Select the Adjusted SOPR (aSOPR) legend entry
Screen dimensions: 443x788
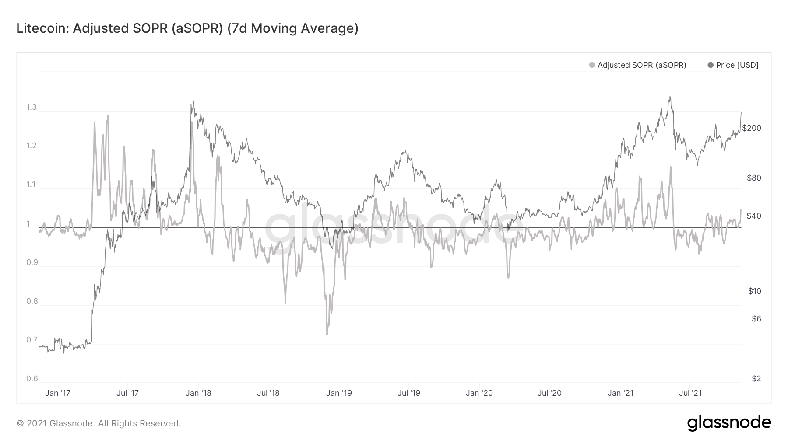click(x=641, y=65)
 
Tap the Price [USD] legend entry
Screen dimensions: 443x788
click(x=737, y=65)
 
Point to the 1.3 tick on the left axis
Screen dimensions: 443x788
click(x=32, y=107)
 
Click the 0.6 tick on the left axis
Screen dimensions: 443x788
click(x=32, y=379)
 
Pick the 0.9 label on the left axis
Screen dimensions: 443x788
click(x=32, y=262)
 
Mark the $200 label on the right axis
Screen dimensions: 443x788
click(x=752, y=128)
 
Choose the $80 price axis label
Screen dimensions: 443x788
click(x=754, y=178)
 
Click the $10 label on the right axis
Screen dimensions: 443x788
click(x=754, y=291)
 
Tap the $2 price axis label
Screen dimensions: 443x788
click(x=756, y=379)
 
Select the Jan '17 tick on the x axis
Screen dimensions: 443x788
click(x=57, y=393)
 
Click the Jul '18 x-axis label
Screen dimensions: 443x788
click(x=268, y=393)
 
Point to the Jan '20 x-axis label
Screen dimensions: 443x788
click(x=479, y=393)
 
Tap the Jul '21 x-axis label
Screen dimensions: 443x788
click(x=690, y=393)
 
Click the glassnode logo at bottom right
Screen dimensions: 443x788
click(x=729, y=423)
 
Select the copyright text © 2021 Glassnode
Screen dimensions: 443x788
click(x=98, y=423)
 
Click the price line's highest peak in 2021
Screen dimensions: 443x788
click(x=670, y=97)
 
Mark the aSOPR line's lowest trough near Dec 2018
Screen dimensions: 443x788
click(x=327, y=335)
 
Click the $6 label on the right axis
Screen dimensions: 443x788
click(x=756, y=319)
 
